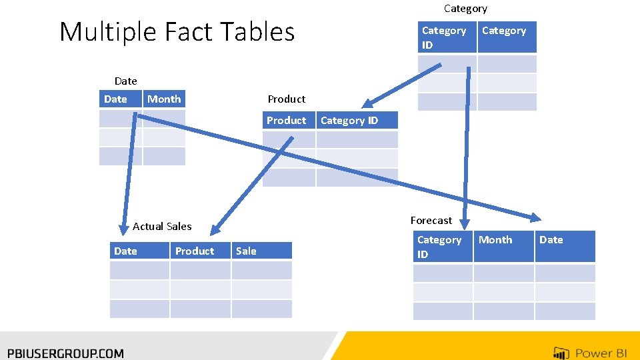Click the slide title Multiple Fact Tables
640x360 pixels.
(x=177, y=32)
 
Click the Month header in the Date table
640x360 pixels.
(x=164, y=99)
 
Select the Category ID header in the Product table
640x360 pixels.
(x=349, y=121)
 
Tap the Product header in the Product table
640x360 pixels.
(x=287, y=121)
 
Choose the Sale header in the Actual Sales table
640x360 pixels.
(x=246, y=251)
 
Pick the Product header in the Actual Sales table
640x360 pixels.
(x=195, y=251)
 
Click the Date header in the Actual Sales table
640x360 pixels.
(x=125, y=251)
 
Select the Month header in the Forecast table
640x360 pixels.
(x=495, y=240)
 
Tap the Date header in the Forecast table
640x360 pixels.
(x=551, y=240)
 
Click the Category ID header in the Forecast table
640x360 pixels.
(x=439, y=247)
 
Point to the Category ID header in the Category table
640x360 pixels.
(x=444, y=37)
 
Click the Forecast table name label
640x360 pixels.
(x=431, y=221)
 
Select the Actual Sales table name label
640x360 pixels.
(x=162, y=227)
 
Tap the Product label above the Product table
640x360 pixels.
(x=287, y=99)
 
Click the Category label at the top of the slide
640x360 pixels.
(x=465, y=9)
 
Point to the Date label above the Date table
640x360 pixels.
(x=126, y=81)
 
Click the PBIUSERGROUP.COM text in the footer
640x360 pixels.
(x=65, y=353)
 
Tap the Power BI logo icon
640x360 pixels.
(x=561, y=353)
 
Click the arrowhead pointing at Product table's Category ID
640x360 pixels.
(x=368, y=103)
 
